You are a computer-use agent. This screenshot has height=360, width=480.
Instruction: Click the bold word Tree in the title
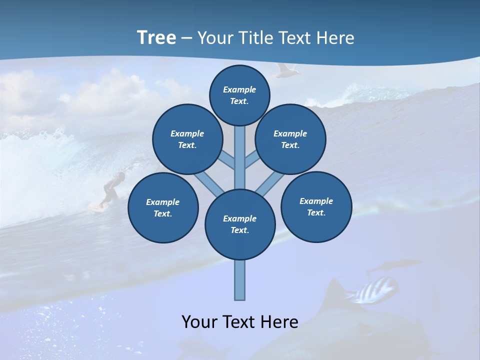(x=156, y=37)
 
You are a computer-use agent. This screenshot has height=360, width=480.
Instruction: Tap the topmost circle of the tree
(x=239, y=95)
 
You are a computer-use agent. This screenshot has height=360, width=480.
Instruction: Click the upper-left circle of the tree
(x=187, y=139)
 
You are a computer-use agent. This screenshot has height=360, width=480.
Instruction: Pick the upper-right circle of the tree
(x=290, y=139)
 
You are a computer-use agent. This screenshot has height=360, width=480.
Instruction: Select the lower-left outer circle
(x=163, y=208)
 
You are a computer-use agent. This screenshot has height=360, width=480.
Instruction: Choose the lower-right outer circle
(x=316, y=206)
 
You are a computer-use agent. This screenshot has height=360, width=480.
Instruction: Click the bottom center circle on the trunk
(x=240, y=224)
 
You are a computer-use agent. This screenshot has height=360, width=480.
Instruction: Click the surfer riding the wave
(x=113, y=187)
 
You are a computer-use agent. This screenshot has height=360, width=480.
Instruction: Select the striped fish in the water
(x=376, y=290)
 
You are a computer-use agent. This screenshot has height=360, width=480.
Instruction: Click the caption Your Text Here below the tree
(x=240, y=322)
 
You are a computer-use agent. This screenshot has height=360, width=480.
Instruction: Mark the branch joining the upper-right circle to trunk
(x=252, y=160)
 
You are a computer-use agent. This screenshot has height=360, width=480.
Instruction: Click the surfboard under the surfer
(x=97, y=206)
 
